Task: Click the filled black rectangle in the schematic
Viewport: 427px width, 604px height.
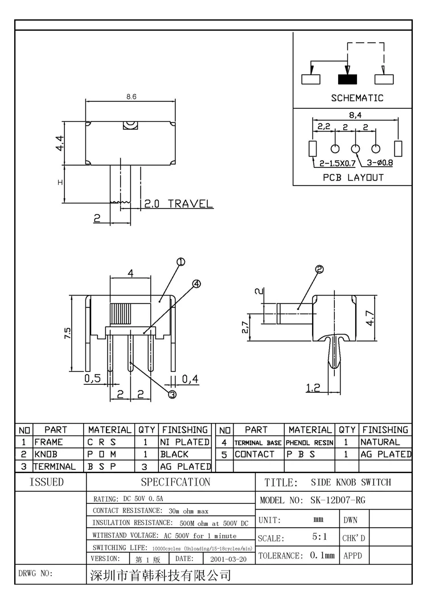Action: [348, 79]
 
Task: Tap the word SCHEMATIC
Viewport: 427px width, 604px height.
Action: [357, 98]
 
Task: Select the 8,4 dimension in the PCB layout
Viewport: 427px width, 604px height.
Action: [355, 115]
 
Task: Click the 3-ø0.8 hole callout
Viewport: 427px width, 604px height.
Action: [380, 163]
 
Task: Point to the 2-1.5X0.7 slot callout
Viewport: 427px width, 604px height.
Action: [338, 163]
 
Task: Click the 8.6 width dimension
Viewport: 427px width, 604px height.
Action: [132, 97]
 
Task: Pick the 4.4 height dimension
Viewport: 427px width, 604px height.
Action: [60, 143]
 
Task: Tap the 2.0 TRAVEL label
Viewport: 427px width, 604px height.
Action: [178, 203]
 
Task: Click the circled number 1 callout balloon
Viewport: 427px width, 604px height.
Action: [180, 262]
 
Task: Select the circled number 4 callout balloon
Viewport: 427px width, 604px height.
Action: [196, 284]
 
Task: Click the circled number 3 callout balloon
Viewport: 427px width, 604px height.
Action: [173, 394]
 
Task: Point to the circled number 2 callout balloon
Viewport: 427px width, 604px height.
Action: [319, 270]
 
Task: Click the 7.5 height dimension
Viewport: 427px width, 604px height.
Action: [67, 333]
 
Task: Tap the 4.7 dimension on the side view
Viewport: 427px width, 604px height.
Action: [370, 318]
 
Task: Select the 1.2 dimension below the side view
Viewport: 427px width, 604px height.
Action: [313, 388]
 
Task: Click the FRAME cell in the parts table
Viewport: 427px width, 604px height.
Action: [48, 442]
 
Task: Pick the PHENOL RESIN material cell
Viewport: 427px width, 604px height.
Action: [310, 443]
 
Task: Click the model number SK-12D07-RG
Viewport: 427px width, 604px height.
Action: [338, 500]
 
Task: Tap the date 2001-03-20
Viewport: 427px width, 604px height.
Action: [228, 560]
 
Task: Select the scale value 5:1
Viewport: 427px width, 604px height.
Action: [319, 537]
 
